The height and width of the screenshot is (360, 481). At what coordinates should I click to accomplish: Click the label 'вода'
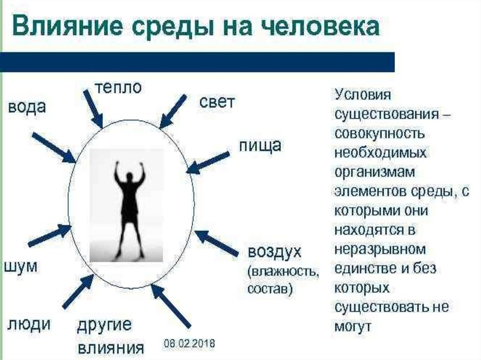coord(27,107)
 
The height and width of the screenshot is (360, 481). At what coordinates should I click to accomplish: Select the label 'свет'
coord(217,102)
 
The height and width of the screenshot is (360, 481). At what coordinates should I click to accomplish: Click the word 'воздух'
coord(274,252)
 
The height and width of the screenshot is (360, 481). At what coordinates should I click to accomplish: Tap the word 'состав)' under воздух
coord(270,288)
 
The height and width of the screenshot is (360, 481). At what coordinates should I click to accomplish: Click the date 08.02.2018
coord(189,344)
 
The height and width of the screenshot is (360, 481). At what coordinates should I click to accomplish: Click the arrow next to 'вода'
coord(53,147)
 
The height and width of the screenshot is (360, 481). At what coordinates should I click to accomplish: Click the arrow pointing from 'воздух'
coord(216,243)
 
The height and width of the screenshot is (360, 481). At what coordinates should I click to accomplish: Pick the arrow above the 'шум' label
coord(49,236)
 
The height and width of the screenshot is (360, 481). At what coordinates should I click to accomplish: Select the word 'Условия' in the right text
coord(363,94)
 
